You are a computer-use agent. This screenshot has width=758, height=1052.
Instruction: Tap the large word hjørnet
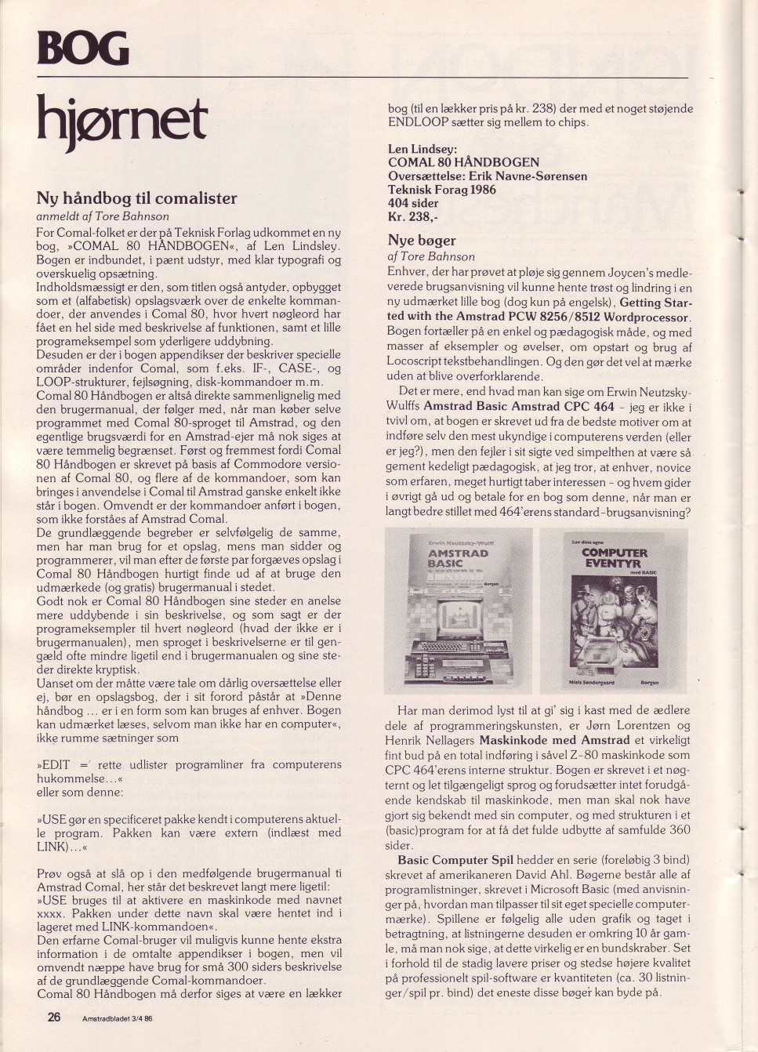click(x=122, y=122)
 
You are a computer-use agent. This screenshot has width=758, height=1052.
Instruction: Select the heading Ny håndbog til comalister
click(x=136, y=198)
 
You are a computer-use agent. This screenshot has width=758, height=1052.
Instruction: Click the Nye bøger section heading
click(x=421, y=240)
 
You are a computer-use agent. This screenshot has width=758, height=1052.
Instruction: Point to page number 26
click(x=54, y=1017)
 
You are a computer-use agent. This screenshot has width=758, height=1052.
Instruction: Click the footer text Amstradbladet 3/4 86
click(x=118, y=1018)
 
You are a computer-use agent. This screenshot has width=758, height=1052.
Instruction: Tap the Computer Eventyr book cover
click(x=615, y=610)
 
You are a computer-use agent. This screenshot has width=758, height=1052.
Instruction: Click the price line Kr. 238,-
click(x=413, y=217)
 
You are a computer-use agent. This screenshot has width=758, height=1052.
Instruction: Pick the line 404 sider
click(x=413, y=203)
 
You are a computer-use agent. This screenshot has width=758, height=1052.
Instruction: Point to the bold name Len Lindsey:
click(x=423, y=149)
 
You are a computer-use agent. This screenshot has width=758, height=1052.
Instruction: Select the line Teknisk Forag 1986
click(x=442, y=190)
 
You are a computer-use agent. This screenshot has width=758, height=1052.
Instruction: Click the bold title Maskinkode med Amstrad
click(x=554, y=740)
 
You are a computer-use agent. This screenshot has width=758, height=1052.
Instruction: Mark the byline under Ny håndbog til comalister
click(x=103, y=216)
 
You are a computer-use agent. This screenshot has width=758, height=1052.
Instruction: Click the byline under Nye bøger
click(x=431, y=256)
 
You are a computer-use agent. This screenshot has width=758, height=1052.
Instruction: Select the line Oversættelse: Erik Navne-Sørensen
click(x=487, y=176)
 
